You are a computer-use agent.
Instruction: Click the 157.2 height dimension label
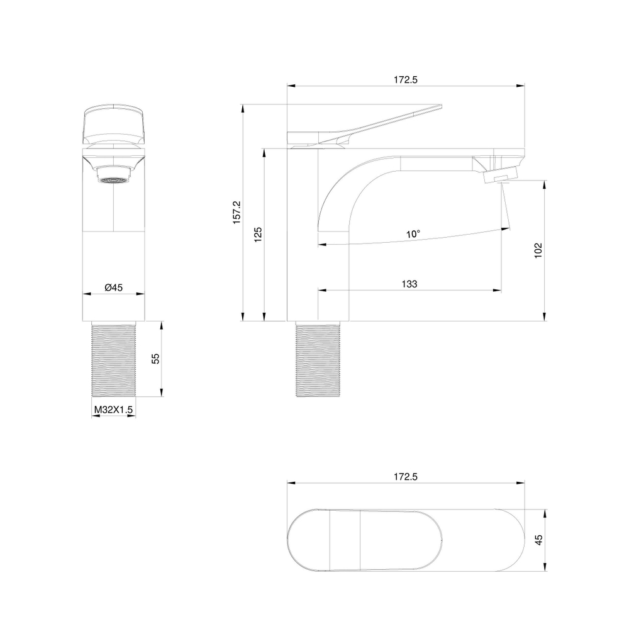pyautogui.click(x=237, y=213)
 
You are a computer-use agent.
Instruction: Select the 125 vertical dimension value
pyautogui.click(x=258, y=234)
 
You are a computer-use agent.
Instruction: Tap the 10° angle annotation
pyautogui.click(x=413, y=234)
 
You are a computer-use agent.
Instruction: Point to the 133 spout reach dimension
pyautogui.click(x=409, y=284)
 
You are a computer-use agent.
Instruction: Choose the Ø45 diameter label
pyautogui.click(x=113, y=287)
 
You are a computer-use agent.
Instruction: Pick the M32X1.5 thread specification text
pyautogui.click(x=114, y=409)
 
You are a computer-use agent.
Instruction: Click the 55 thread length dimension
pyautogui.click(x=156, y=359)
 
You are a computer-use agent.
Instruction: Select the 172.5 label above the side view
pyautogui.click(x=406, y=80)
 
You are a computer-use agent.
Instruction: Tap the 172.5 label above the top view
pyautogui.click(x=406, y=477)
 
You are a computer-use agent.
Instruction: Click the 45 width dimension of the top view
pyautogui.click(x=538, y=540)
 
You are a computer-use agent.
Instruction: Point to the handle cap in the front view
pyautogui.click(x=113, y=123)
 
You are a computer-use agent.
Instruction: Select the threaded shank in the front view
pyautogui.click(x=114, y=359)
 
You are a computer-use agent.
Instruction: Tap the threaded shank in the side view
pyautogui.click(x=319, y=359)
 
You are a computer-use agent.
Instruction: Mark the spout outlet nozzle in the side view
pyautogui.click(x=501, y=172)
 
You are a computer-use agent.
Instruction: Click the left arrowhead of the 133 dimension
pyautogui.click(x=321, y=291)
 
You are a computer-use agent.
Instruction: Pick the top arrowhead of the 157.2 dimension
pyautogui.click(x=243, y=108)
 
